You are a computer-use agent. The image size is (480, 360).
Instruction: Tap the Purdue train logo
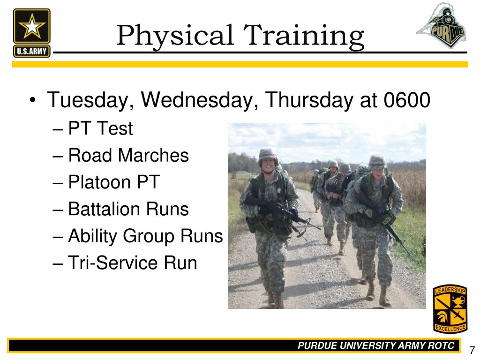pyautogui.click(x=441, y=26)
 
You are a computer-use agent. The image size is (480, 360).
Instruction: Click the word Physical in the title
pyautogui.click(x=175, y=36)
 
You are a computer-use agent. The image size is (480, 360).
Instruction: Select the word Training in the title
pyautogui.click(x=303, y=36)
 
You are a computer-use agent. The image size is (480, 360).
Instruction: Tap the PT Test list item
pyautogui.click(x=100, y=128)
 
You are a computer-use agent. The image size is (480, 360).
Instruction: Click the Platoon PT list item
pyautogui.click(x=114, y=182)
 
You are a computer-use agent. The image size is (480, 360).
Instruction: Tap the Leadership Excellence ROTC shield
pyautogui.click(x=450, y=308)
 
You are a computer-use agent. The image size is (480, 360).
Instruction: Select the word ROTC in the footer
pyautogui.click(x=441, y=345)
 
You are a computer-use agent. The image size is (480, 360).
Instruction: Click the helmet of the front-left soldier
pyautogui.click(x=268, y=156)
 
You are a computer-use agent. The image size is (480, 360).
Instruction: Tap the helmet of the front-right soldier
pyautogui.click(x=377, y=162)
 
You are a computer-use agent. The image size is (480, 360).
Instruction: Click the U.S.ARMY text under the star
pyautogui.click(x=32, y=51)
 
